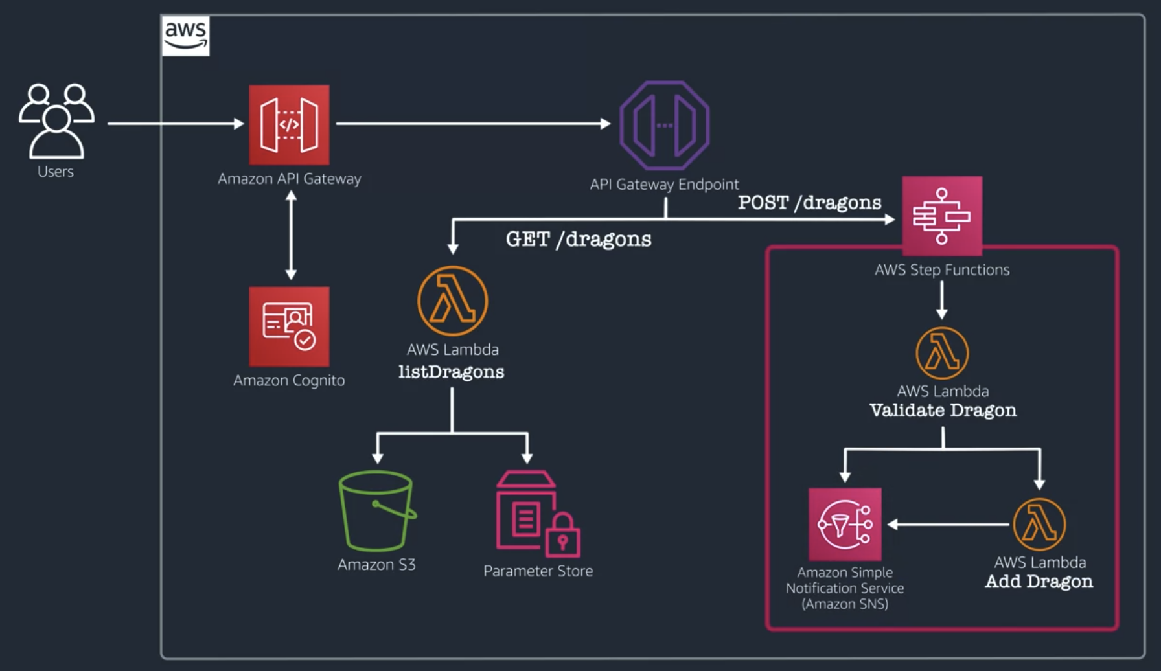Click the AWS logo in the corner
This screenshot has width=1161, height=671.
click(185, 36)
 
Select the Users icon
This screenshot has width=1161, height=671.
click(56, 121)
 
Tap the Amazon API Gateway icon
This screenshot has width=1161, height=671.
click(289, 124)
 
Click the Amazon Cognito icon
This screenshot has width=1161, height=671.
click(289, 326)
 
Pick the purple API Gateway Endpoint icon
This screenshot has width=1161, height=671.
click(664, 125)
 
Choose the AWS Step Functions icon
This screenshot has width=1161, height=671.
click(942, 216)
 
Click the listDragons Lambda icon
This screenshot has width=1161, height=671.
click(452, 301)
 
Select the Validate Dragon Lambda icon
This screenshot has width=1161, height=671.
click(942, 353)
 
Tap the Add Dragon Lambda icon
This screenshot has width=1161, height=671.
click(1039, 524)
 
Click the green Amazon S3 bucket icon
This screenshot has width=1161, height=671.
click(376, 512)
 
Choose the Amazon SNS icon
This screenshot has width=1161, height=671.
click(845, 524)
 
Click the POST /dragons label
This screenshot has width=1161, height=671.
click(809, 203)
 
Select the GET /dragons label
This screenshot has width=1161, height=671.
click(579, 240)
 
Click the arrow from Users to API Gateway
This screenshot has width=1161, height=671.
click(175, 123)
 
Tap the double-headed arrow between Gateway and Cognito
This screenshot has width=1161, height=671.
click(291, 236)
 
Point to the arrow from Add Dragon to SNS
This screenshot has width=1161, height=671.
click(949, 524)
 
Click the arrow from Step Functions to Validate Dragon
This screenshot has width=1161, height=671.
click(942, 300)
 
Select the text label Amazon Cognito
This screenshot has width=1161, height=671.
click(289, 380)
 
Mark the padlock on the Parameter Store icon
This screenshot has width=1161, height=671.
click(562, 536)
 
